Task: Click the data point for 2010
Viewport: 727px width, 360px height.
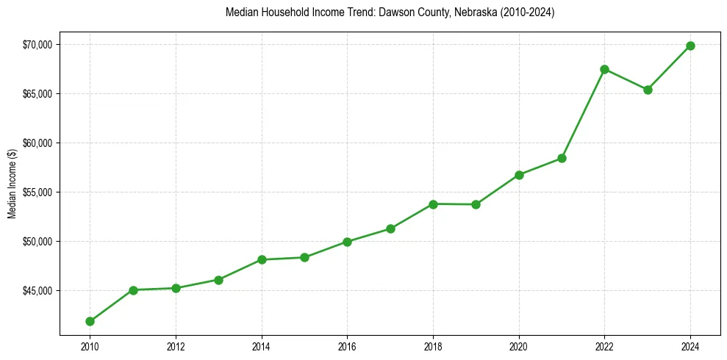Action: pyautogui.click(x=90, y=321)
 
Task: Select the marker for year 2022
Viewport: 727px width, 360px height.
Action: pyautogui.click(x=604, y=69)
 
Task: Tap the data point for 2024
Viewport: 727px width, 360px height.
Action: pyautogui.click(x=690, y=46)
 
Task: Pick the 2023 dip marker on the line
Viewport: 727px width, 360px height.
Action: pyautogui.click(x=648, y=90)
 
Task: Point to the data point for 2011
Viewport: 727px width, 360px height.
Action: pyautogui.click(x=133, y=290)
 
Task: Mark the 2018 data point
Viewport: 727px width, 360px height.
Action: pyautogui.click(x=433, y=204)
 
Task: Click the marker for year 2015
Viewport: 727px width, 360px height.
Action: pyautogui.click(x=304, y=257)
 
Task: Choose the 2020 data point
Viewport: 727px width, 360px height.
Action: pyautogui.click(x=519, y=175)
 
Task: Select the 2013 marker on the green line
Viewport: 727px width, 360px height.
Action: pyautogui.click(x=218, y=280)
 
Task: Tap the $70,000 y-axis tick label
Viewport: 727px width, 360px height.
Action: pyautogui.click(x=37, y=45)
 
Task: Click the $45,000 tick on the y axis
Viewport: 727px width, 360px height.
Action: pyautogui.click(x=37, y=291)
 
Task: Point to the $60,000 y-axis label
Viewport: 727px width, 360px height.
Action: pyautogui.click(x=37, y=143)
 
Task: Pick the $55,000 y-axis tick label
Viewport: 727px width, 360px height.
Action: pyautogui.click(x=37, y=192)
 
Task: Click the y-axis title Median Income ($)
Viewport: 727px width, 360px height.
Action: pyautogui.click(x=12, y=189)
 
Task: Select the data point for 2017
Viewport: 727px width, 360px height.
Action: pyautogui.click(x=390, y=228)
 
